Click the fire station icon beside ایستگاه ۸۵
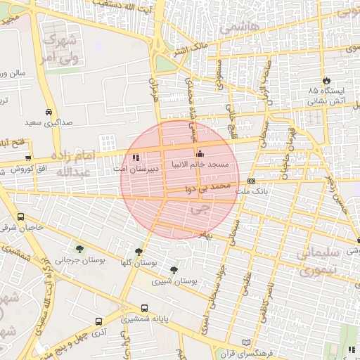[326, 80]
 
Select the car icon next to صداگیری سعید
[49, 112]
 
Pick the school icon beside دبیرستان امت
[136, 158]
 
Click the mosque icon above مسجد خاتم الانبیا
[200, 154]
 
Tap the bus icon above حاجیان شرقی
[20, 217]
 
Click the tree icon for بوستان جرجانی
[79, 249]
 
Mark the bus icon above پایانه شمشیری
[144, 308]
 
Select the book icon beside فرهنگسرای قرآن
[245, 342]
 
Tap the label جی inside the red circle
[200, 208]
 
